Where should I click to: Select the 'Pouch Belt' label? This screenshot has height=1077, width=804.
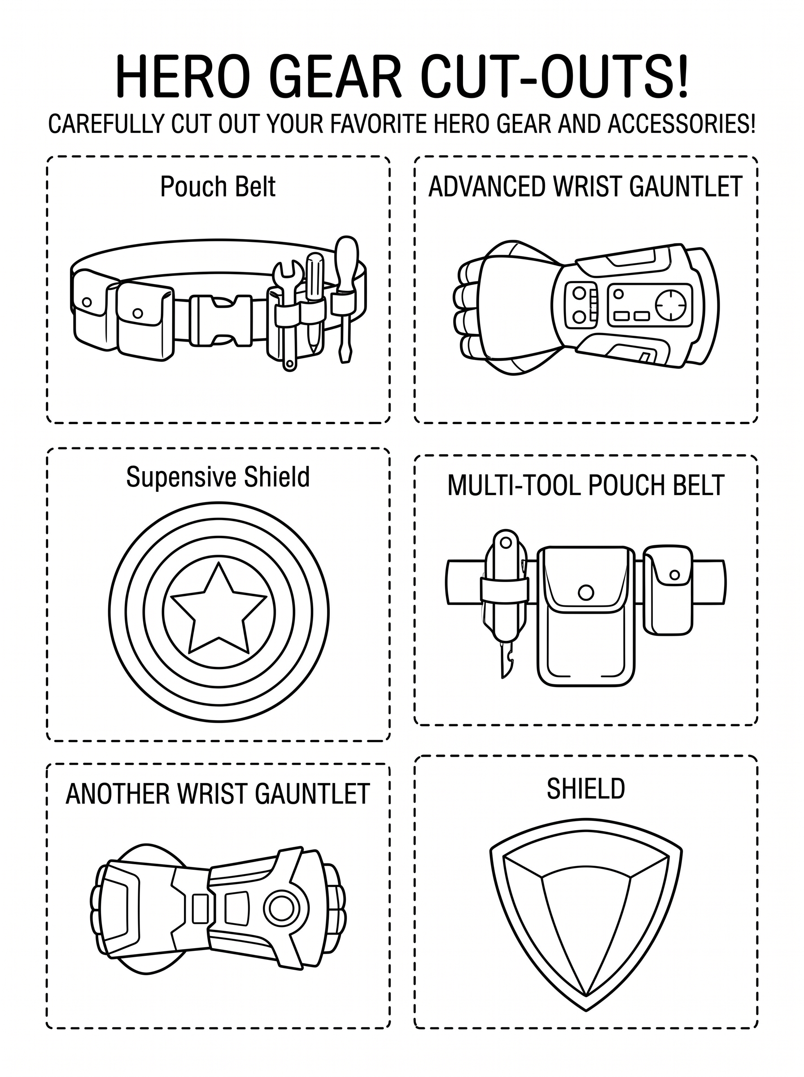pos(218,186)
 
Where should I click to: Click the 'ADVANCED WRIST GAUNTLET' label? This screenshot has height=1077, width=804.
pos(585,186)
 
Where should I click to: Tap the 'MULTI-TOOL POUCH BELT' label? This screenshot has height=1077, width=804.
pos(586,485)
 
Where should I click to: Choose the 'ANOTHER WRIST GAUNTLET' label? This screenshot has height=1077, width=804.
pos(218,794)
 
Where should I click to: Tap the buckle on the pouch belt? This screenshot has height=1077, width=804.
pos(220,321)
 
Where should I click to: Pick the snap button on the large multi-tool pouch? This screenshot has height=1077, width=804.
pos(586,592)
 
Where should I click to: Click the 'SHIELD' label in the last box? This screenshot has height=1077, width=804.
pos(586,789)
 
